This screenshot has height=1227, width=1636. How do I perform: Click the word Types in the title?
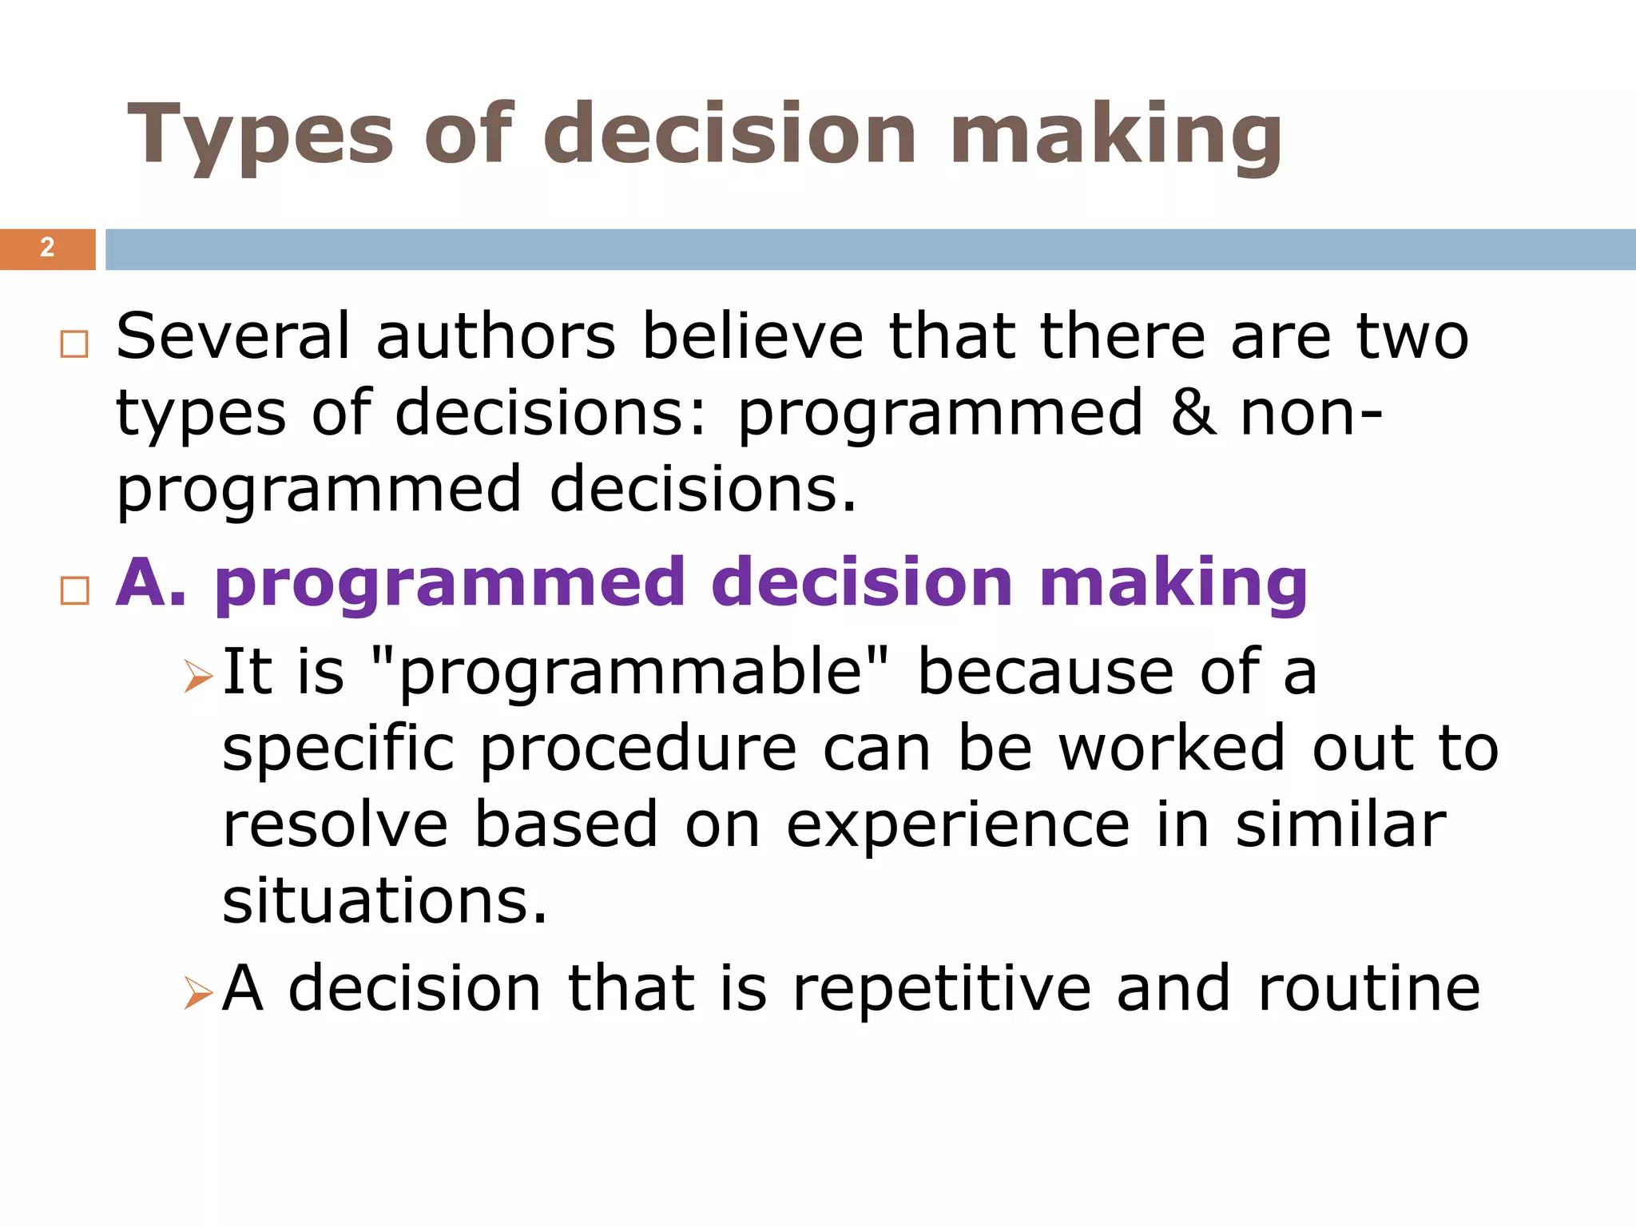260,136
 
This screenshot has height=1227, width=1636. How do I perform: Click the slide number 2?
47,248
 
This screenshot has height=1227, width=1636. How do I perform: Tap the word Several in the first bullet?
232,336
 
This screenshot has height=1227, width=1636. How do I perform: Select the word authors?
495,336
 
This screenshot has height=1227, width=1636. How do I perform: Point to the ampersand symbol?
1193,412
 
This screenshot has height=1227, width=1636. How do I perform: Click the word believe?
752,336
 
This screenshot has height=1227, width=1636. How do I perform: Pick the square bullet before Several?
74,344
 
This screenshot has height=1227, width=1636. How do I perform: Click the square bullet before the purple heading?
74,591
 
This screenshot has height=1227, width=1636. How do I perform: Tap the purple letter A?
141,582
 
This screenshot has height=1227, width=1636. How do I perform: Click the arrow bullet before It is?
197,676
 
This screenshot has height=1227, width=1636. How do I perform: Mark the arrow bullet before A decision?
197,993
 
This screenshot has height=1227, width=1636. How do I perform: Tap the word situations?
384,901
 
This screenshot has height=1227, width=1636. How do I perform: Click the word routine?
1368,989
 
